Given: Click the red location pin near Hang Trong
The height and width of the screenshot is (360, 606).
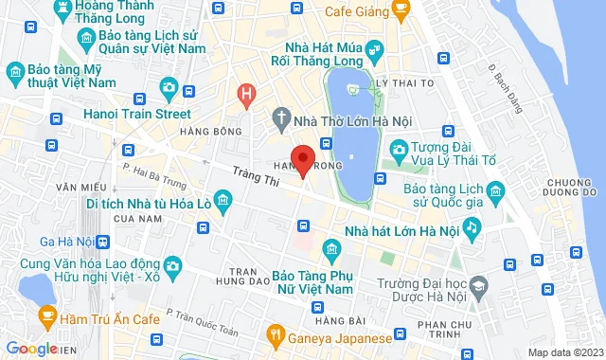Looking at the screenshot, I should click(x=302, y=160).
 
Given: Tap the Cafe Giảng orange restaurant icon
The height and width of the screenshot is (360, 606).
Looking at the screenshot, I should click(x=401, y=12).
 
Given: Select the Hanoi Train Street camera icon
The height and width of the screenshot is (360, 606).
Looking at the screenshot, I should click(x=168, y=87).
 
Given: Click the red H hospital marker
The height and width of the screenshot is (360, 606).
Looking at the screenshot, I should click(x=246, y=94).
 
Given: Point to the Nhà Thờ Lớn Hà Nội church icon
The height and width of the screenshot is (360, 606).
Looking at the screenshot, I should click(x=280, y=118).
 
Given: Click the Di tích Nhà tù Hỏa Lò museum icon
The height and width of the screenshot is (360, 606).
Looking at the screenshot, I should click(x=223, y=200).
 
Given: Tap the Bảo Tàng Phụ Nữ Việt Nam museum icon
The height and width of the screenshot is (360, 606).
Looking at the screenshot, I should click(x=331, y=250).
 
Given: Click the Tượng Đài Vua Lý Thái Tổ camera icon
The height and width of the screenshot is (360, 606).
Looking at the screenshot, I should click(x=400, y=149).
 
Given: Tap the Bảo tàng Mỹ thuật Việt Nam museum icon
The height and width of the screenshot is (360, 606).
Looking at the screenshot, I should click(x=15, y=72).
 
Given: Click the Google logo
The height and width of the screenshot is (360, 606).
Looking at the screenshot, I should click(x=30, y=349).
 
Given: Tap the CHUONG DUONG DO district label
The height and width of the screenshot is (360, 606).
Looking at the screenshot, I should click(x=574, y=189).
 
